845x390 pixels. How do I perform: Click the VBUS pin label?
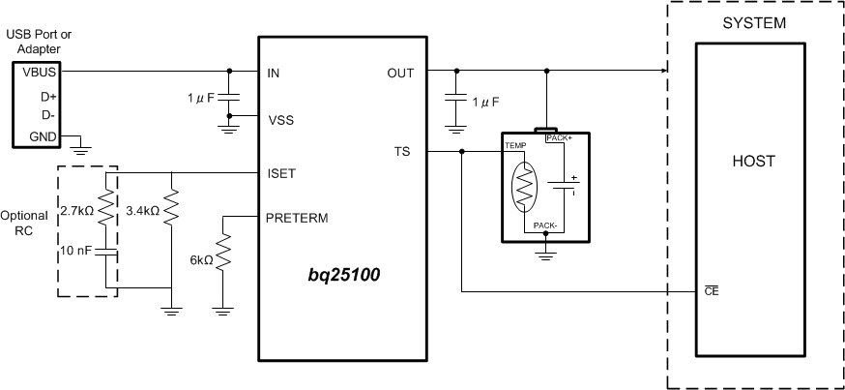pyautogui.click(x=28, y=72)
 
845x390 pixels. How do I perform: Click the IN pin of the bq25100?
pyautogui.click(x=274, y=72)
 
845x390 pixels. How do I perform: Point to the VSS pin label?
pyautogui.click(x=280, y=120)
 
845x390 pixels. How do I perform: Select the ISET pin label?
pyautogui.click(x=281, y=173)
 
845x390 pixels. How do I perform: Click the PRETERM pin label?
pyautogui.click(x=297, y=218)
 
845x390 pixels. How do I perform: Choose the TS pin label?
pyautogui.click(x=402, y=151)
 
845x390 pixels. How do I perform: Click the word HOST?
pyautogui.click(x=752, y=163)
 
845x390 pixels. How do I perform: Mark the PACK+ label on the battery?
pyautogui.click(x=560, y=138)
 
